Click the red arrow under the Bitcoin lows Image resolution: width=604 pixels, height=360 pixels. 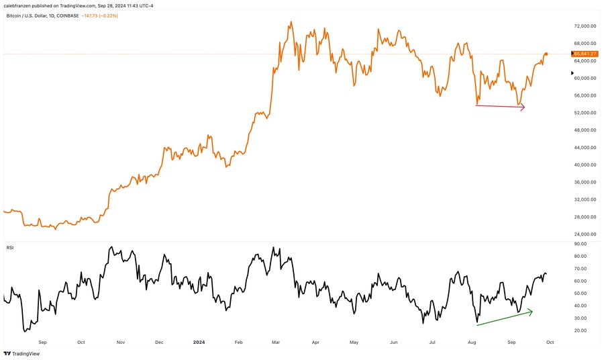coord(500,106)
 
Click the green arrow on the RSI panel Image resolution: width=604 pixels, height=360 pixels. coord(504,318)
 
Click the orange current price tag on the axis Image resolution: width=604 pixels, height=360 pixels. coord(585,53)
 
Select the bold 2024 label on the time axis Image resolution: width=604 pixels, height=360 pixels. coord(200,341)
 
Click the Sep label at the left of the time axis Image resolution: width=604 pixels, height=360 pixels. coord(43,341)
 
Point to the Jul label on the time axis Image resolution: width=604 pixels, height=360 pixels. coord(434,341)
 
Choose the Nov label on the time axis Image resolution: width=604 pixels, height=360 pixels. coord(121,341)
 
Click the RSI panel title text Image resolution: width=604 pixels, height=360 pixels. coord(11,247)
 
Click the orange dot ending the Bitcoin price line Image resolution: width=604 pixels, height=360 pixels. coord(546,54)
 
